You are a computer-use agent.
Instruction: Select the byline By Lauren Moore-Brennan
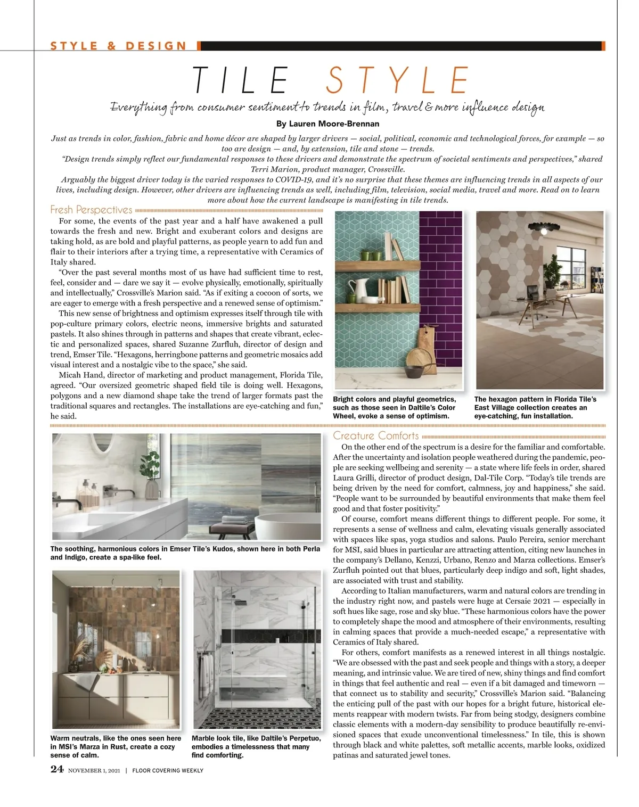(327, 124)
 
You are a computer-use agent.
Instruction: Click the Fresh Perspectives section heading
(91, 210)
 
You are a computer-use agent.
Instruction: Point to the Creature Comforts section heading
(376, 435)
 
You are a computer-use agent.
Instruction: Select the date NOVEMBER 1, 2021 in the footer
(94, 770)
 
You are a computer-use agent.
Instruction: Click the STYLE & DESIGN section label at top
(119, 46)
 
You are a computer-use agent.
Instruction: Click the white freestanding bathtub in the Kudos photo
(288, 525)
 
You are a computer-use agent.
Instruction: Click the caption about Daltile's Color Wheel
(394, 407)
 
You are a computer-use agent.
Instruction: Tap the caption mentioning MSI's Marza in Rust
(116, 746)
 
